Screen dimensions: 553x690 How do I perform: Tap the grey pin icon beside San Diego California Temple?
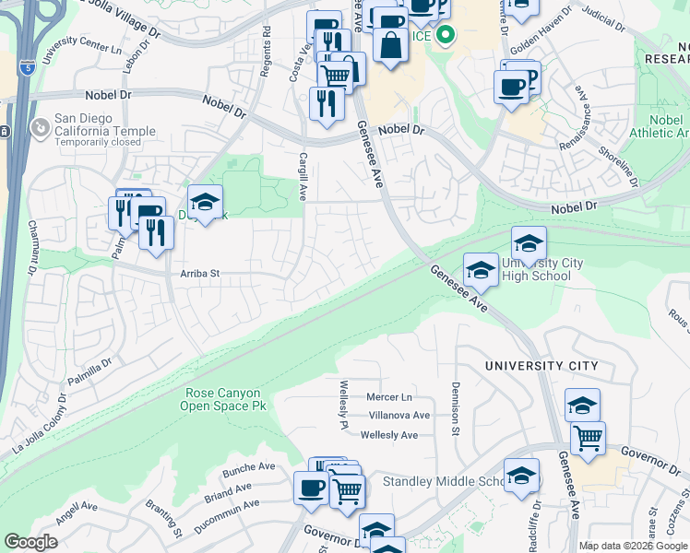coord(40,129)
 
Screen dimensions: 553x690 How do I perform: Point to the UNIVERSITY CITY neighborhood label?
coord(542,366)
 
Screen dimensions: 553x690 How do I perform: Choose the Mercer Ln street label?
coord(388,397)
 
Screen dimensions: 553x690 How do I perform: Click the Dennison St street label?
coord(455,408)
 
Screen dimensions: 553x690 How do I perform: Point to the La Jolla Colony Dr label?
coord(41,425)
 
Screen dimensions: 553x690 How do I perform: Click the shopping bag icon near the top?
coord(391,46)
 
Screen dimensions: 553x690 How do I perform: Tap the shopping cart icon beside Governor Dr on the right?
coord(588,439)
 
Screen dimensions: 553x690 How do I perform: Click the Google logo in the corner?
coord(31,542)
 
